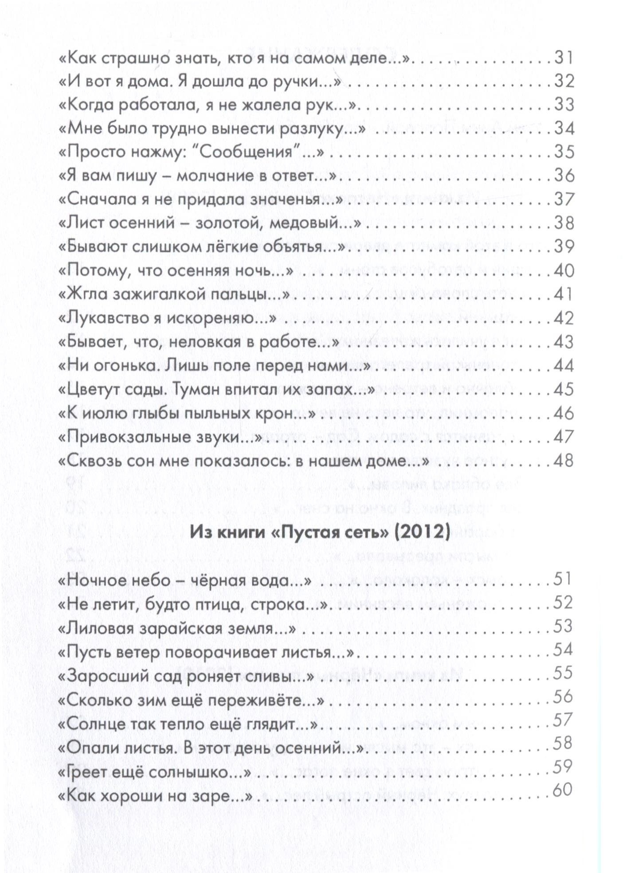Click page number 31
[564, 58]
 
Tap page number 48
[564, 461]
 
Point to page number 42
[564, 318]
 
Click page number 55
[563, 673]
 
